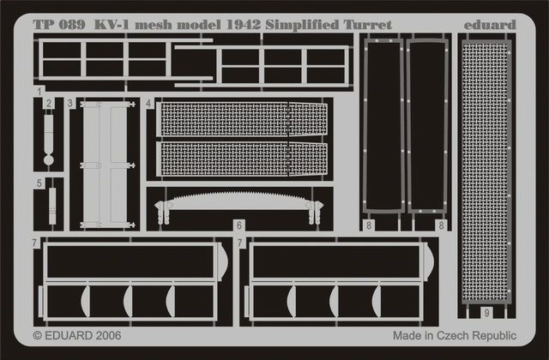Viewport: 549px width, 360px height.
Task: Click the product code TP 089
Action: pyautogui.click(x=58, y=25)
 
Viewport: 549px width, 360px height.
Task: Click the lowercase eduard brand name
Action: pyautogui.click(x=490, y=25)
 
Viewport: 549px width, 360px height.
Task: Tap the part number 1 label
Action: pyautogui.click(x=39, y=91)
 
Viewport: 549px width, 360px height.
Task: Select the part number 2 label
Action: pyautogui.click(x=49, y=103)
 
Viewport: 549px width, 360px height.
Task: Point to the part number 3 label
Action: pyautogui.click(x=70, y=103)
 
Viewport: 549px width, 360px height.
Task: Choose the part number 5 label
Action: pyautogui.click(x=39, y=183)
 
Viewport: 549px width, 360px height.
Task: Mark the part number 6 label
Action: pyautogui.click(x=239, y=226)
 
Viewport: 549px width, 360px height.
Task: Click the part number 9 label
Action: pyautogui.click(x=486, y=314)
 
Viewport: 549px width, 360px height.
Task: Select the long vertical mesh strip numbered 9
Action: pyautogui.click(x=486, y=171)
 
